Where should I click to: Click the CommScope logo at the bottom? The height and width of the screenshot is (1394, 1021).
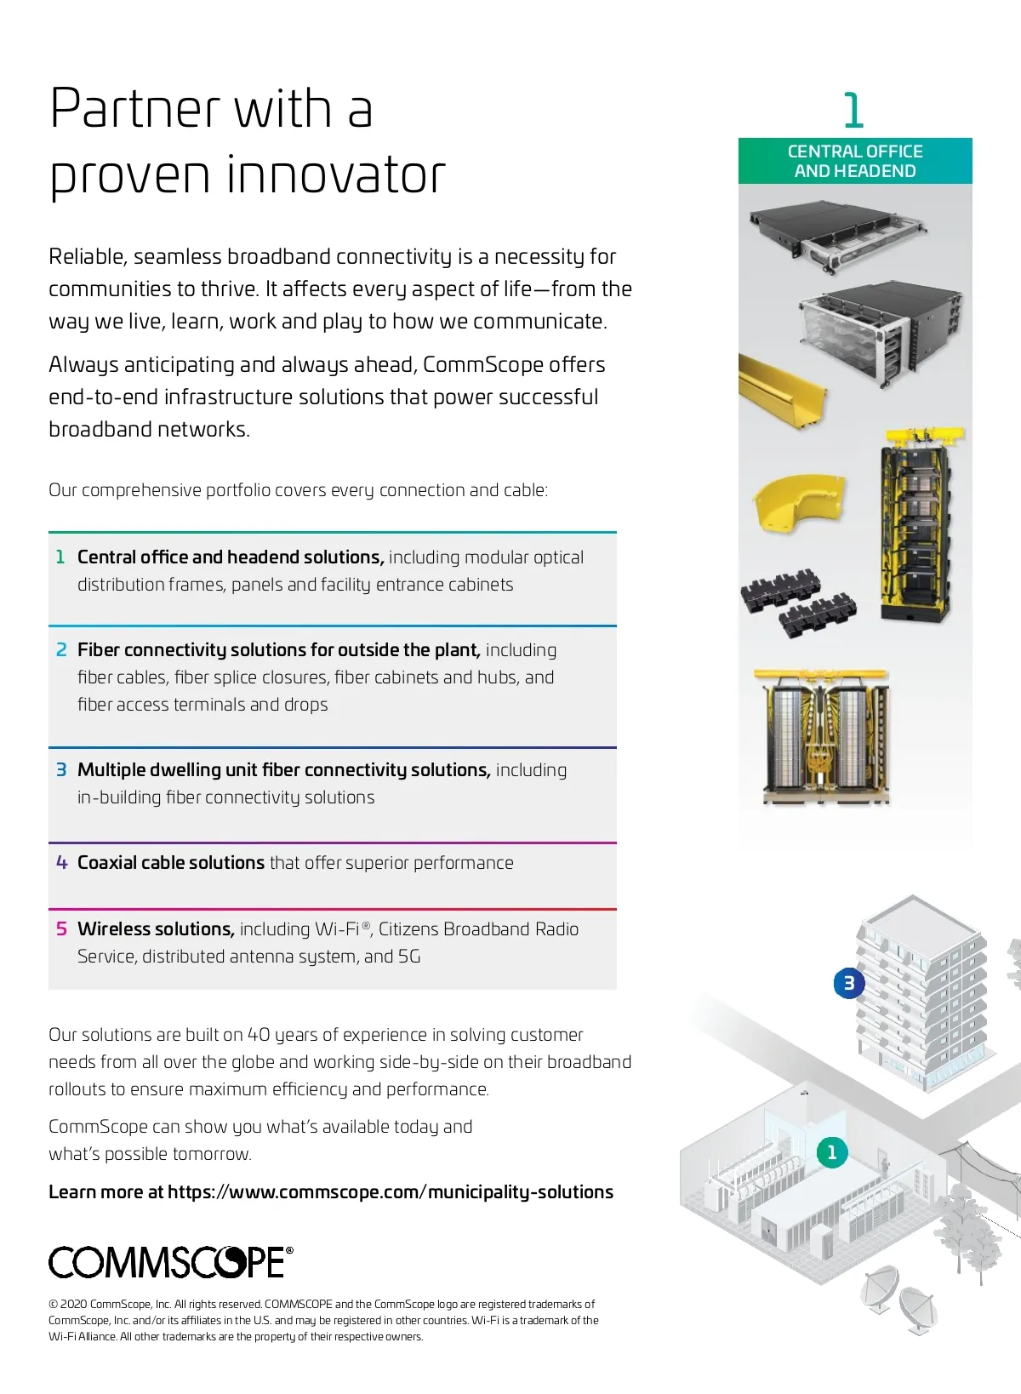[170, 1261]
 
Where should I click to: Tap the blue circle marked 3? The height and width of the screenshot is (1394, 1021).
[848, 984]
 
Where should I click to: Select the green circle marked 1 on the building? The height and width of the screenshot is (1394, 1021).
[832, 1152]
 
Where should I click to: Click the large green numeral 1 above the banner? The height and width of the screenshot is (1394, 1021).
[853, 111]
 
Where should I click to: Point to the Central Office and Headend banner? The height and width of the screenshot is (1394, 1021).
[855, 161]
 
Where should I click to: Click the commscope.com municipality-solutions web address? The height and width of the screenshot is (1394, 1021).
[391, 1191]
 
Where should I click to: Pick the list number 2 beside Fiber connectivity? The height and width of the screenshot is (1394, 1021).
[61, 650]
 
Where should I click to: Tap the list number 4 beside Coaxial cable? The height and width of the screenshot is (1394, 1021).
[61, 863]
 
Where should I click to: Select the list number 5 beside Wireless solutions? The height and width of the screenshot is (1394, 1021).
[61, 928]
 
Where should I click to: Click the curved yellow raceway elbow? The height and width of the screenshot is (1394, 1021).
[793, 503]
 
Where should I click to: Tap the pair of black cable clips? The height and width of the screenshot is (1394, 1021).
[797, 604]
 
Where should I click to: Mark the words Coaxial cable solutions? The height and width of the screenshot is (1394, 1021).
[171, 863]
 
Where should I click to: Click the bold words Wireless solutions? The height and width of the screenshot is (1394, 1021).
[156, 928]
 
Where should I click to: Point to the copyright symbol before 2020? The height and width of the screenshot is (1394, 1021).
[54, 1304]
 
